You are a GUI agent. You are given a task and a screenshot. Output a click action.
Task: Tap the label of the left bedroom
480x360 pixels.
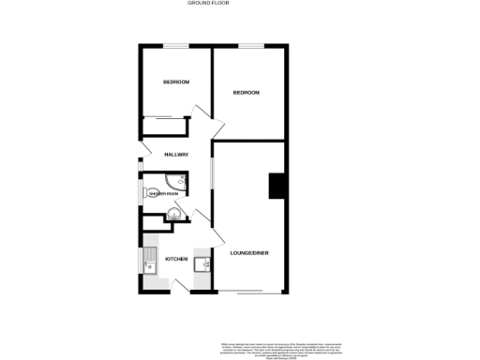click(176, 82)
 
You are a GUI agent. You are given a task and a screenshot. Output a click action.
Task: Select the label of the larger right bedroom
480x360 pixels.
click(246, 92)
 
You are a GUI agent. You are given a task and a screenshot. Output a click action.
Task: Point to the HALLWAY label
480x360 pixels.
click(176, 154)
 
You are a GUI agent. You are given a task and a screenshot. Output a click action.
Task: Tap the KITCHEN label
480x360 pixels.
click(176, 259)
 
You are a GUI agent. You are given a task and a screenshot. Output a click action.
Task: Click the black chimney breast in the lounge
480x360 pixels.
click(277, 187)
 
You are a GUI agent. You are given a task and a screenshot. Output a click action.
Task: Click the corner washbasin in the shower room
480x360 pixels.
click(172, 217)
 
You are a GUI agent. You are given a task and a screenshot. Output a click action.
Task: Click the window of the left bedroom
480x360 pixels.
click(175, 46)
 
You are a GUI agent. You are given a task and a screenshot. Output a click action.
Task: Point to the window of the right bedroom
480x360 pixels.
click(249, 46)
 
